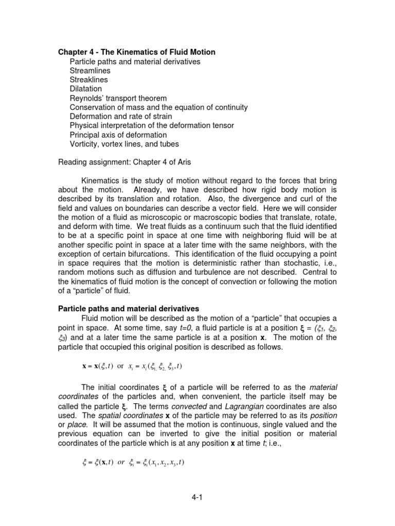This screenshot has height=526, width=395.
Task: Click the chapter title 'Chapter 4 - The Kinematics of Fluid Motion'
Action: tap(136, 52)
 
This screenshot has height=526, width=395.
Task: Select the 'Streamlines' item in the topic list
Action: tap(90, 71)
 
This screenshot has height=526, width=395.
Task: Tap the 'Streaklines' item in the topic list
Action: tap(89, 80)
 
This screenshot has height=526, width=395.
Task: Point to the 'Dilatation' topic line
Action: tap(86, 89)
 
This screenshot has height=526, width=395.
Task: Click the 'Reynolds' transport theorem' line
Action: tap(118, 98)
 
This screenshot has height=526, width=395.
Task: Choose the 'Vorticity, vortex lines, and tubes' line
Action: tap(124, 144)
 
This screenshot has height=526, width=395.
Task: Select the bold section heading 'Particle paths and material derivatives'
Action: tap(128, 309)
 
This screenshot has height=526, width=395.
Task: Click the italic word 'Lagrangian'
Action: tap(245, 406)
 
